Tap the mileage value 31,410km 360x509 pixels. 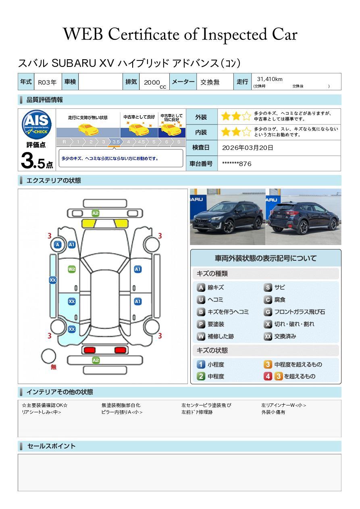(x=270, y=79)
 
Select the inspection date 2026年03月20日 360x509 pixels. (x=248, y=148)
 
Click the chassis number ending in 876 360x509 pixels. (x=237, y=164)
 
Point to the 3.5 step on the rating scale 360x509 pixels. (x=116, y=142)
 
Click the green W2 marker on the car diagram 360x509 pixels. (x=72, y=269)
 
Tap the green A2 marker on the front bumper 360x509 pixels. (x=96, y=213)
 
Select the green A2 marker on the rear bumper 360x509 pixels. (x=96, y=360)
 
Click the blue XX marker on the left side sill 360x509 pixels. (x=53, y=280)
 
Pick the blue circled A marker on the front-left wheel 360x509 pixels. (x=58, y=245)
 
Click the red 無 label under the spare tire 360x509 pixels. (x=53, y=367)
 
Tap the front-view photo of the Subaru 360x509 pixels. (x=227, y=217)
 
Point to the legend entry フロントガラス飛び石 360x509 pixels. (x=294, y=312)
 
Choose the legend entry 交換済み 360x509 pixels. (x=280, y=336)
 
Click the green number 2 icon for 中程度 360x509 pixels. (x=201, y=376)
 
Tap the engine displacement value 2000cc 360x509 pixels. (x=154, y=83)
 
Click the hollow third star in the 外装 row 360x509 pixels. (x=246, y=116)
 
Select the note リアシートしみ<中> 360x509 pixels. (x=42, y=412)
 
